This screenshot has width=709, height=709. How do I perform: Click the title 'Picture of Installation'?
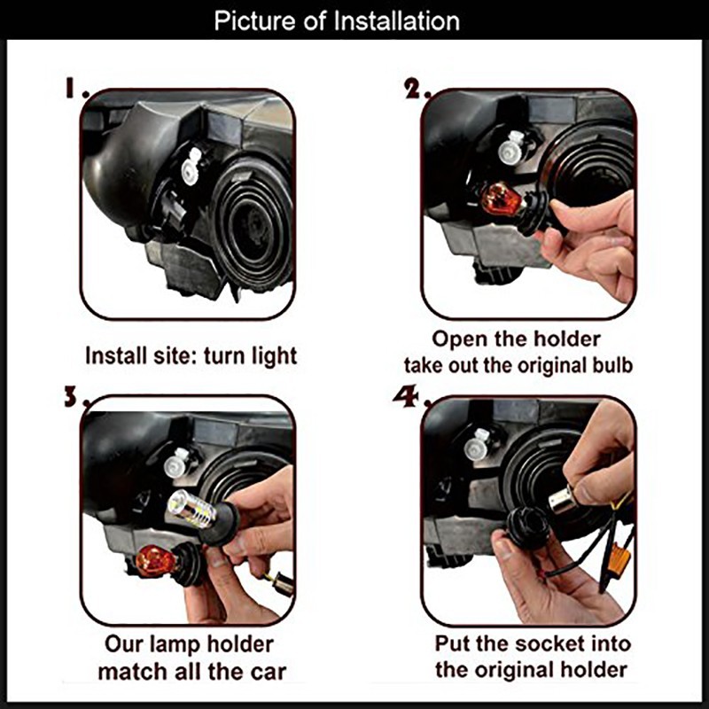(x=337, y=20)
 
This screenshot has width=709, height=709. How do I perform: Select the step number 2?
(x=416, y=89)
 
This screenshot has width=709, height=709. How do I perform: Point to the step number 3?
(x=74, y=397)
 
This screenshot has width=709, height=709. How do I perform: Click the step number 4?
(x=410, y=397)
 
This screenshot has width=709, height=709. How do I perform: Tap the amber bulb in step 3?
(x=156, y=562)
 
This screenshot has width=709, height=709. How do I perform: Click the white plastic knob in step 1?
(x=191, y=166)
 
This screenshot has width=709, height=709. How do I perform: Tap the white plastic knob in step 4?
(x=478, y=444)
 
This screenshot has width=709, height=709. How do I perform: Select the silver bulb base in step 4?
(x=562, y=501)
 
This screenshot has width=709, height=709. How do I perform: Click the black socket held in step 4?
(x=527, y=527)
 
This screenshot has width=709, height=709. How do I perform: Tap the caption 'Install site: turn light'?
(x=191, y=356)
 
